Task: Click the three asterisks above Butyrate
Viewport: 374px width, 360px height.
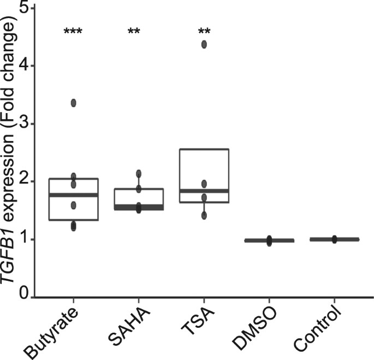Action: coord(73,31)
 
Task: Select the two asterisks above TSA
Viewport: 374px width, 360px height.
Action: coord(204,31)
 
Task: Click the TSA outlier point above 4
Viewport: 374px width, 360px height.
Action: coord(204,44)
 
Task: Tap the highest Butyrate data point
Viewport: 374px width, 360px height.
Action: coord(73,103)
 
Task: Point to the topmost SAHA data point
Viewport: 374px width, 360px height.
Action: coord(139,174)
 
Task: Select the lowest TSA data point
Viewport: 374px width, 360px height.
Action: coord(204,215)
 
